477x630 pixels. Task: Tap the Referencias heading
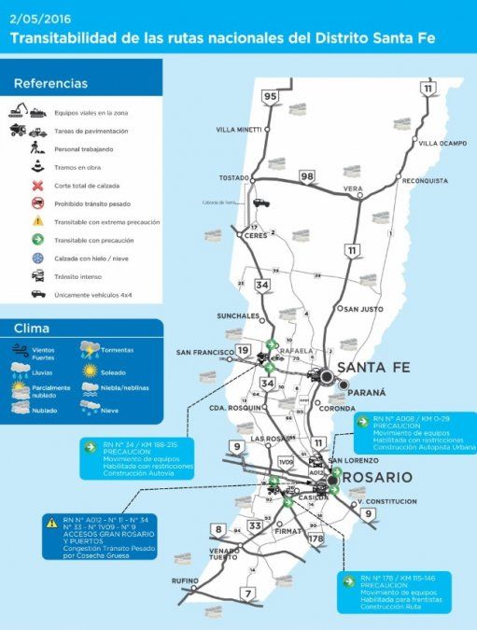(51, 83)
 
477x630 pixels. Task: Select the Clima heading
(33, 329)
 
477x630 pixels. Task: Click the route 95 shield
(271, 96)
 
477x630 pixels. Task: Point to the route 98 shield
(307, 176)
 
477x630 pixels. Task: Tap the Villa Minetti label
(239, 129)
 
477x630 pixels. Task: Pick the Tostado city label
(235, 177)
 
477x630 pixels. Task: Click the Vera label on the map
(353, 189)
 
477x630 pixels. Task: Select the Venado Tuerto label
(224, 553)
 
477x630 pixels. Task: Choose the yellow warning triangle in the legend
(37, 221)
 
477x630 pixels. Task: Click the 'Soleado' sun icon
(90, 370)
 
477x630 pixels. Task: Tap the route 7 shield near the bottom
(248, 594)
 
